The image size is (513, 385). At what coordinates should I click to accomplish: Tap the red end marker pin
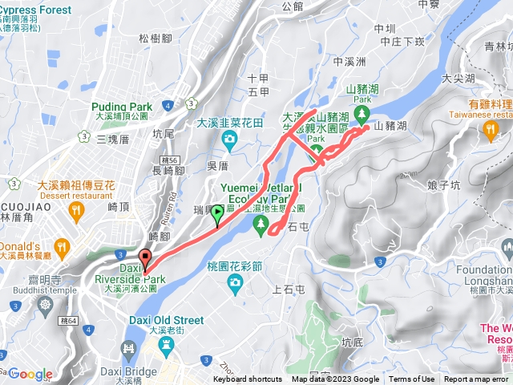coord(145,259)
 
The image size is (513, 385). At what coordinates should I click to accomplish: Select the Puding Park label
coord(123,106)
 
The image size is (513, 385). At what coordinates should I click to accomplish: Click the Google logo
coord(30,374)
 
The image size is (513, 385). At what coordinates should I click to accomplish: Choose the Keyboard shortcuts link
coord(248,379)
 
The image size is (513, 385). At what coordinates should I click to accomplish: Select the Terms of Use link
coord(412,379)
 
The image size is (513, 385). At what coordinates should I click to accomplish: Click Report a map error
coord(477,379)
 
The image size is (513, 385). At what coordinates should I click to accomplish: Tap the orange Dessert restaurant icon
coord(76,210)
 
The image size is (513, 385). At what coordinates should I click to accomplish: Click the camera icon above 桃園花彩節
coord(235,281)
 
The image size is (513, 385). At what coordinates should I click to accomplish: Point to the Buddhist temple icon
coord(44,304)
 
